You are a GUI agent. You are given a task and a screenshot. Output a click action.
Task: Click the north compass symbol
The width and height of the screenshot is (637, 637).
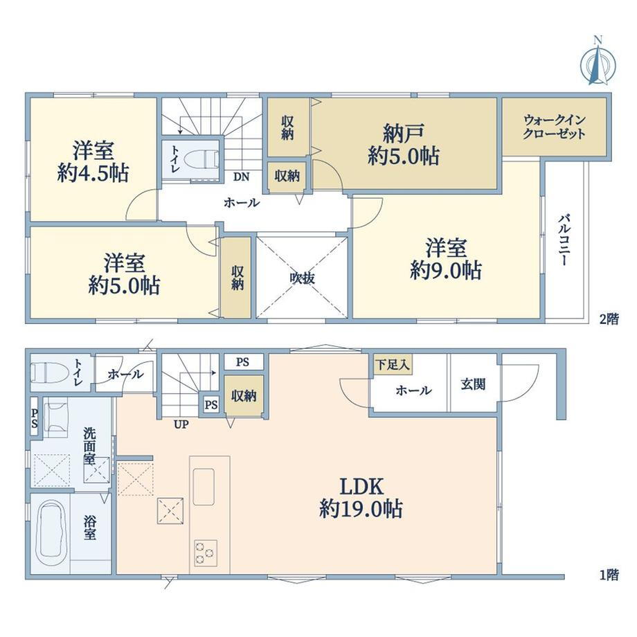pyautogui.click(x=598, y=61)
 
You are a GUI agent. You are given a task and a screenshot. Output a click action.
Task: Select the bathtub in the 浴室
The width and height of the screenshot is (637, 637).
pyautogui.click(x=51, y=533)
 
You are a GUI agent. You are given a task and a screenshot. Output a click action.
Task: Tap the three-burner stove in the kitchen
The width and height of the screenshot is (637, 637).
pyautogui.click(x=205, y=553)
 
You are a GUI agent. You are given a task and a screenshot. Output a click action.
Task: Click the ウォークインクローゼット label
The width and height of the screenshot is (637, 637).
pyautogui.click(x=554, y=127)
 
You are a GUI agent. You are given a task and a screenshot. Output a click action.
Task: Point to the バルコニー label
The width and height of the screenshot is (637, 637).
pyautogui.click(x=563, y=240)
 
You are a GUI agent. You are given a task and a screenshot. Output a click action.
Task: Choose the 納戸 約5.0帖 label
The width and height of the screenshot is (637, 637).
pyautogui.click(x=404, y=145)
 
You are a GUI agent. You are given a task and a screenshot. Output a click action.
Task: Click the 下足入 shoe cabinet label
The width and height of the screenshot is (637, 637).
pyautogui.click(x=393, y=364)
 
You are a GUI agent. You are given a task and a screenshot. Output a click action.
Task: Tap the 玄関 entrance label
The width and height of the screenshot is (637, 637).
pyautogui.click(x=473, y=384)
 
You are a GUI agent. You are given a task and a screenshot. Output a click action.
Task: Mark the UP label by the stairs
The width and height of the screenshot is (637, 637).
pyautogui.click(x=181, y=425)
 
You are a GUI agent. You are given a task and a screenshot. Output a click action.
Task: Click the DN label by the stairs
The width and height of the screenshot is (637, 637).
pyautogui.click(x=242, y=177)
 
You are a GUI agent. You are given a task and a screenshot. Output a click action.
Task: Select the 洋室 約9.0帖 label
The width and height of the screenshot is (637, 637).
pyautogui.click(x=446, y=260)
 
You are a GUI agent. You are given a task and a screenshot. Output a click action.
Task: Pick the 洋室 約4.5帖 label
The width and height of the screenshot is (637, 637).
pyautogui.click(x=93, y=162)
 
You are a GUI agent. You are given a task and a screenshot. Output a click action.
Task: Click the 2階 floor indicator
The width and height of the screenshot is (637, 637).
pyautogui.click(x=609, y=319)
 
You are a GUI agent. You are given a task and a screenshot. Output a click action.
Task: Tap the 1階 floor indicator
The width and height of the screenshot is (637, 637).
pyautogui.click(x=609, y=575)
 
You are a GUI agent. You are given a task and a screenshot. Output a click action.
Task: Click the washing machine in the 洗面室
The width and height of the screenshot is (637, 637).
pyautogui.click(x=55, y=418)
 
